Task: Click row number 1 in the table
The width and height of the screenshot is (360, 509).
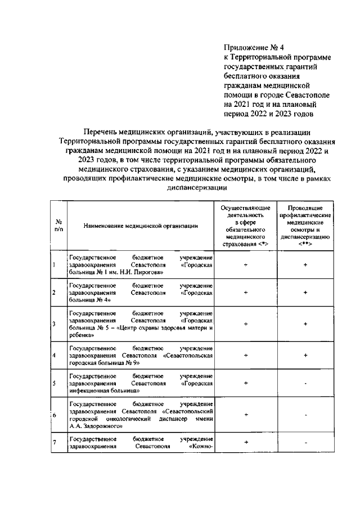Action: pyautogui.click(x=53, y=264)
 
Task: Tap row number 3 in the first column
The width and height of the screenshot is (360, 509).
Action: pyautogui.click(x=53, y=323)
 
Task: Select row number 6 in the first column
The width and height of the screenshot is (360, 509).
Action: pyautogui.click(x=53, y=415)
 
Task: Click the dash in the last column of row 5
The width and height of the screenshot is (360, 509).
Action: pyautogui.click(x=305, y=384)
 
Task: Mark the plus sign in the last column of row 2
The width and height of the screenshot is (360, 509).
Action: pyautogui.click(x=305, y=292)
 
